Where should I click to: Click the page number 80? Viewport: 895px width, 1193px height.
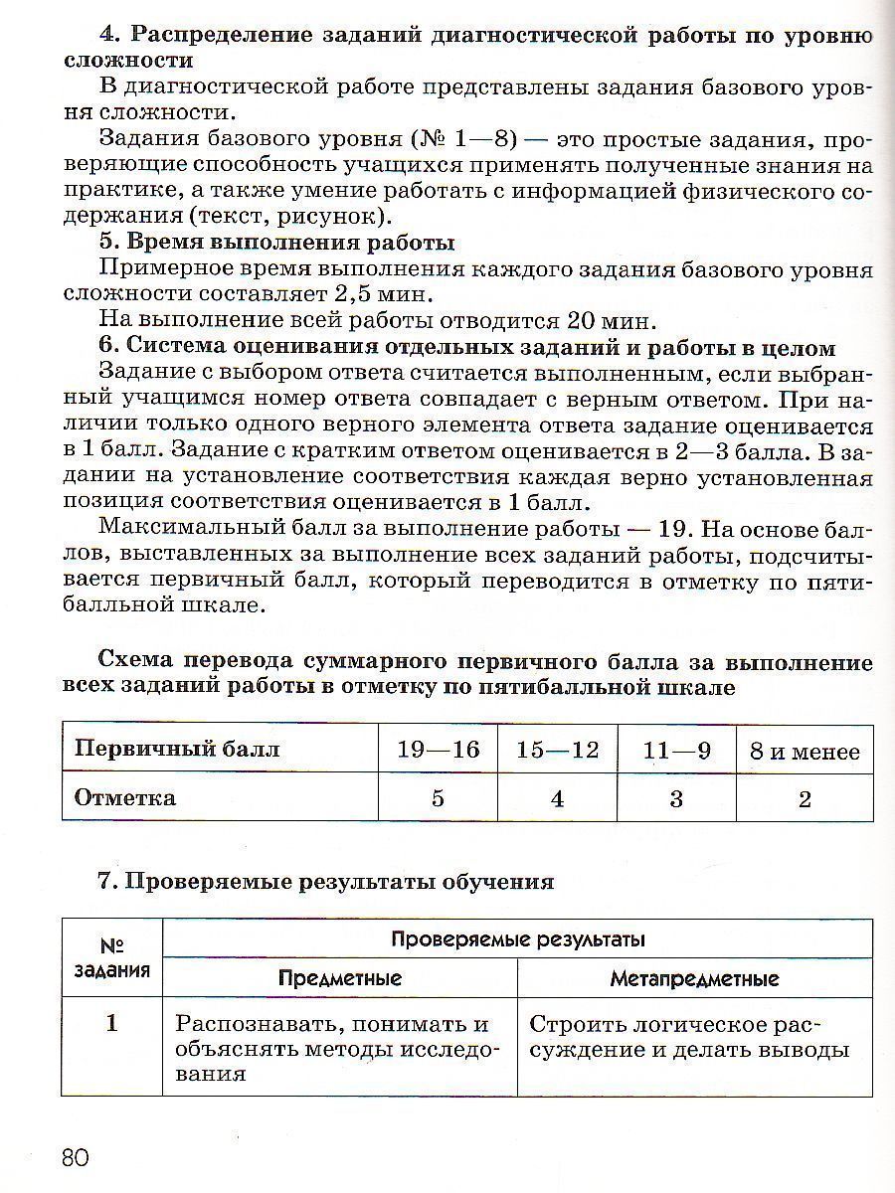[75, 1158]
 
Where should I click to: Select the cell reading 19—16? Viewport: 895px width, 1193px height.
[438, 750]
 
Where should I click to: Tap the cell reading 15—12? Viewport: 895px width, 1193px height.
[557, 750]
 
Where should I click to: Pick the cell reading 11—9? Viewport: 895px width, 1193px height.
[676, 750]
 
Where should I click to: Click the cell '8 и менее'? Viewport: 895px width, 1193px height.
[805, 752]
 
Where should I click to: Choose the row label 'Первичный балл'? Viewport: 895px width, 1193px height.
[177, 750]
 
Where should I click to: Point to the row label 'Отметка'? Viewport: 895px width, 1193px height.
[125, 797]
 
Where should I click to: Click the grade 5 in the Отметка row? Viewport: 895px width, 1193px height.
[438, 798]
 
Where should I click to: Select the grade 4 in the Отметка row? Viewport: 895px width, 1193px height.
[557, 798]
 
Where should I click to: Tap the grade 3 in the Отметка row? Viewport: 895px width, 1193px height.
[676, 798]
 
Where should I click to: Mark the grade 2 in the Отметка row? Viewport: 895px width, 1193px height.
[805, 798]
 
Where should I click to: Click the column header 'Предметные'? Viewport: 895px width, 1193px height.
[340, 978]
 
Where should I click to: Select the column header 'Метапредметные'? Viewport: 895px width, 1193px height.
[694, 978]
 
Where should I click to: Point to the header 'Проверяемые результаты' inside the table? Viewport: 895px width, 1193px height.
[517, 938]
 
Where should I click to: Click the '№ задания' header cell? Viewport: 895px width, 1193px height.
[111, 958]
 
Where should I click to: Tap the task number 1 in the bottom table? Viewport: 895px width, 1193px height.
[111, 1023]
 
